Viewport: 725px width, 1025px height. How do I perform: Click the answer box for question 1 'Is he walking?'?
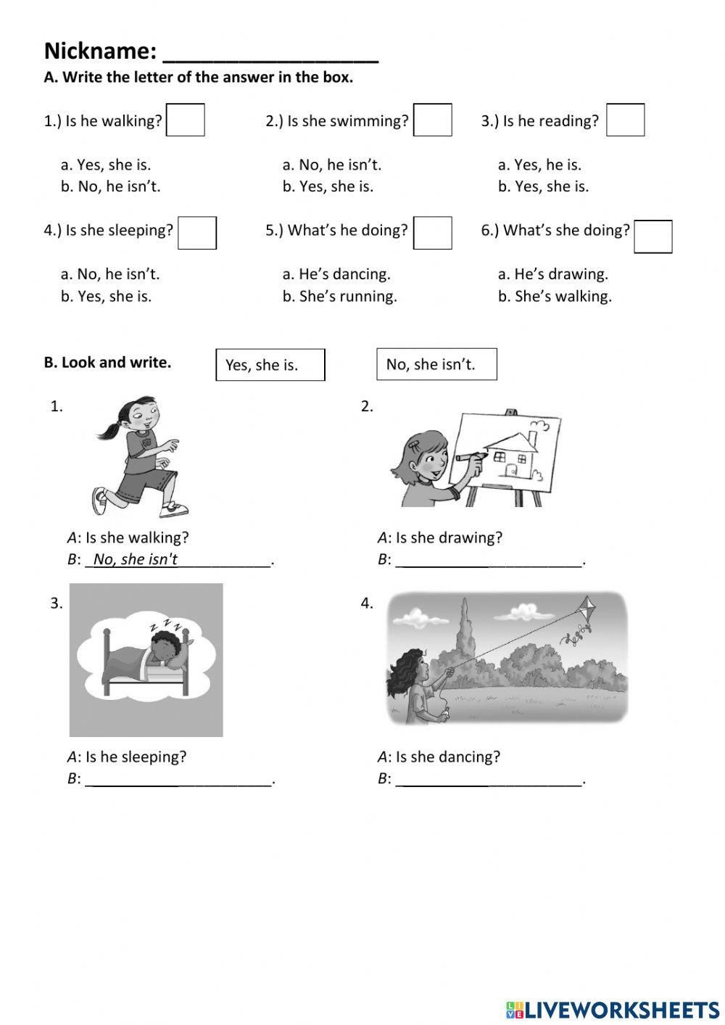[186, 120]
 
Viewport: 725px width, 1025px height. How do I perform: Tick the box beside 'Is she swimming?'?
[433, 120]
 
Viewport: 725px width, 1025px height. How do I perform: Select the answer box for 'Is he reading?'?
[625, 120]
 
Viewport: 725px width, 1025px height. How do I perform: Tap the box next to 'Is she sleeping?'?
[197, 233]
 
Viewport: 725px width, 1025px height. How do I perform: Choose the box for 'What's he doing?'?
[433, 233]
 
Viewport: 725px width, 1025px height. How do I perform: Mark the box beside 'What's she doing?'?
[652, 236]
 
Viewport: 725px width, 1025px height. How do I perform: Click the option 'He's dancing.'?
[336, 274]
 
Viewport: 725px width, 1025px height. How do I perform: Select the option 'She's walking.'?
[555, 296]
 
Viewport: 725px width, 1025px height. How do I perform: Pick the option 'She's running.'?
[339, 296]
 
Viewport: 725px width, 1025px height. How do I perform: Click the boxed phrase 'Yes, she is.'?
[270, 365]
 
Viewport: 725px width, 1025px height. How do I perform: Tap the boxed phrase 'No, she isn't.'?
[436, 364]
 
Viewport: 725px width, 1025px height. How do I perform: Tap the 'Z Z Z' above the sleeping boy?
[167, 625]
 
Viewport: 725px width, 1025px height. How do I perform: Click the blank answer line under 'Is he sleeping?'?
[179, 779]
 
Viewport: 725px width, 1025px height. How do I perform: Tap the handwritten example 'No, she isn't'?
[136, 559]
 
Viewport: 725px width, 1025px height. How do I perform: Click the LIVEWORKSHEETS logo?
[612, 1009]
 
